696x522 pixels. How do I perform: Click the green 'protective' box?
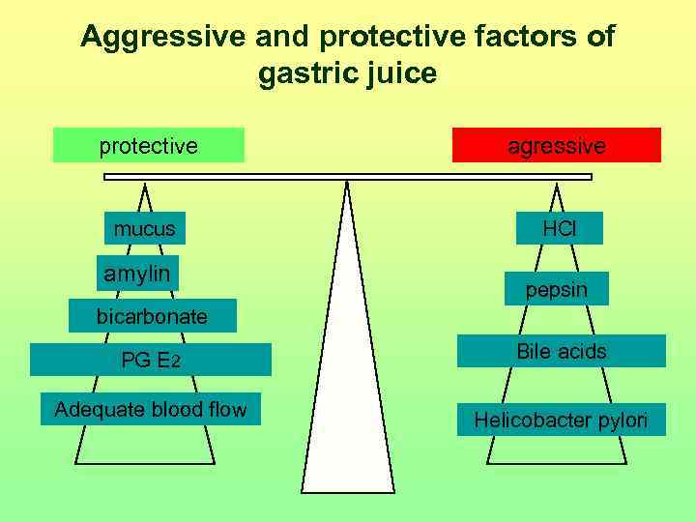click(x=148, y=146)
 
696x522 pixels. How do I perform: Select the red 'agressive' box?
click(x=557, y=146)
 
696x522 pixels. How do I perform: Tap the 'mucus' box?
click(x=145, y=228)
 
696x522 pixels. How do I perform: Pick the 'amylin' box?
click(x=137, y=274)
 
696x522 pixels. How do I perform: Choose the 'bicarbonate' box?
click(x=152, y=316)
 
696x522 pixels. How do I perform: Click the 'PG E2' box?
click(x=151, y=361)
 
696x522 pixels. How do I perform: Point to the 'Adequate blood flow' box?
click(x=151, y=409)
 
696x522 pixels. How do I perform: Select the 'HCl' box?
click(x=559, y=228)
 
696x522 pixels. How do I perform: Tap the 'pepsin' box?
click(x=556, y=289)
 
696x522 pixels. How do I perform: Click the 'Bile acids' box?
click(x=561, y=351)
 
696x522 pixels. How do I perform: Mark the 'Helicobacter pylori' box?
click(x=561, y=420)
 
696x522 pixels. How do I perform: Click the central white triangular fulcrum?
click(x=347, y=387)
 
